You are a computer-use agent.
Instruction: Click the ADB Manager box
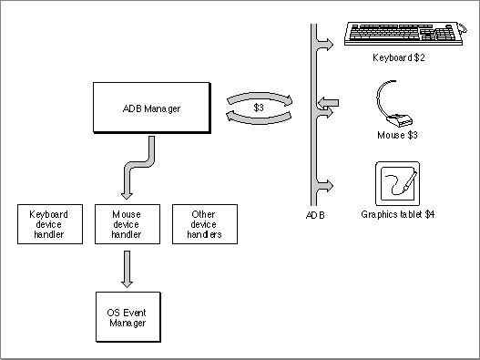152,108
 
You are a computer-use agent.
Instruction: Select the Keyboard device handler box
50,224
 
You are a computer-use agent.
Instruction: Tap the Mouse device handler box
128,224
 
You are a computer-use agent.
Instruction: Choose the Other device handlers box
205,224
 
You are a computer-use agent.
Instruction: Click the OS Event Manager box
128,317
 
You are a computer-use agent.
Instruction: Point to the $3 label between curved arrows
259,108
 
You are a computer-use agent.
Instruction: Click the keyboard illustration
405,34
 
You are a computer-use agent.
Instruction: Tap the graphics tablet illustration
398,184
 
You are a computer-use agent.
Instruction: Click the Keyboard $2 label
399,57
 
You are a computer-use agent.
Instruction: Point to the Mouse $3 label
397,135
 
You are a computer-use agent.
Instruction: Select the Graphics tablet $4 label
398,214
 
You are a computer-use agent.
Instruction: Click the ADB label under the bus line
315,215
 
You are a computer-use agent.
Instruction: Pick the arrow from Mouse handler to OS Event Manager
127,269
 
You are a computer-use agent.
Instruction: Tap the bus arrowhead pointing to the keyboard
326,45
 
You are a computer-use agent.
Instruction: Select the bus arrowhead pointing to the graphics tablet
326,185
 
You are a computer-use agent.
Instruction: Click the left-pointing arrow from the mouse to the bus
328,102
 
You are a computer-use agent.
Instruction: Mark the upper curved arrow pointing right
260,97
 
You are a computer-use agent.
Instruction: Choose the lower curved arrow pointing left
259,118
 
